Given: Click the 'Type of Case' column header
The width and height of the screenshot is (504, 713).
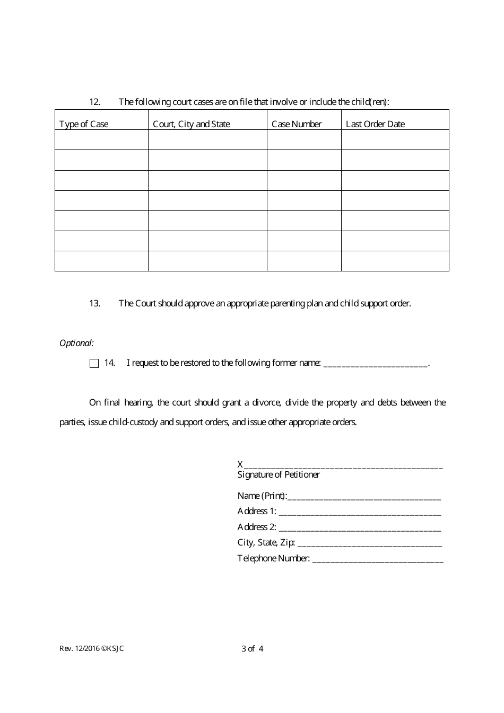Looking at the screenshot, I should (84, 124).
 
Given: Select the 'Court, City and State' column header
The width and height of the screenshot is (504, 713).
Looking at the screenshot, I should (192, 124).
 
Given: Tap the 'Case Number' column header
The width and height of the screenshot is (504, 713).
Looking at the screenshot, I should (297, 124).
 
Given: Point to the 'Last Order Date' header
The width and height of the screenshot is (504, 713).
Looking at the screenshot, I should (375, 124).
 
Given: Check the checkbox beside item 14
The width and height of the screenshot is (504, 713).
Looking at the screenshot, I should (94, 363).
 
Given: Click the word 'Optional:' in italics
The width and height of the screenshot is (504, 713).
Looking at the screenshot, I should (76, 343).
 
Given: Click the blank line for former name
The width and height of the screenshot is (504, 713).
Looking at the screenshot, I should (375, 364).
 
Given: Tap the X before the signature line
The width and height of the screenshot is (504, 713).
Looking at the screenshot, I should (240, 464).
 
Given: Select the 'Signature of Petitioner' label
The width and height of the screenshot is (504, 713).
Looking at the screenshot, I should (279, 474).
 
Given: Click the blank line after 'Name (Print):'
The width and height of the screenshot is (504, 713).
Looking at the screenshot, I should (364, 497).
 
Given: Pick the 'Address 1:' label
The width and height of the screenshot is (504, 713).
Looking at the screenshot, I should (257, 511).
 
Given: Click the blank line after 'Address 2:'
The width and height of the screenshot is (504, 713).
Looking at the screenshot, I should (360, 528).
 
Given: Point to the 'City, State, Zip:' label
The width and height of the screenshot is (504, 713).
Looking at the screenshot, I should (266, 542).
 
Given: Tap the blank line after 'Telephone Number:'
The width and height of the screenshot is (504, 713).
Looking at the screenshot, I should (378, 559).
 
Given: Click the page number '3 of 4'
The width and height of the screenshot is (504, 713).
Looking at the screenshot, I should (253, 648).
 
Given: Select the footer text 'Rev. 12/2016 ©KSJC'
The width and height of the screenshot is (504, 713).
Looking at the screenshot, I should (92, 648).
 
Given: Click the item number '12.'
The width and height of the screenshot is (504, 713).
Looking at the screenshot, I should (94, 102).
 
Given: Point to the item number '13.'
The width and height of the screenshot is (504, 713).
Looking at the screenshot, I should (94, 303).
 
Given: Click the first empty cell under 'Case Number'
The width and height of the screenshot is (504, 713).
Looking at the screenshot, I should (304, 140).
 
